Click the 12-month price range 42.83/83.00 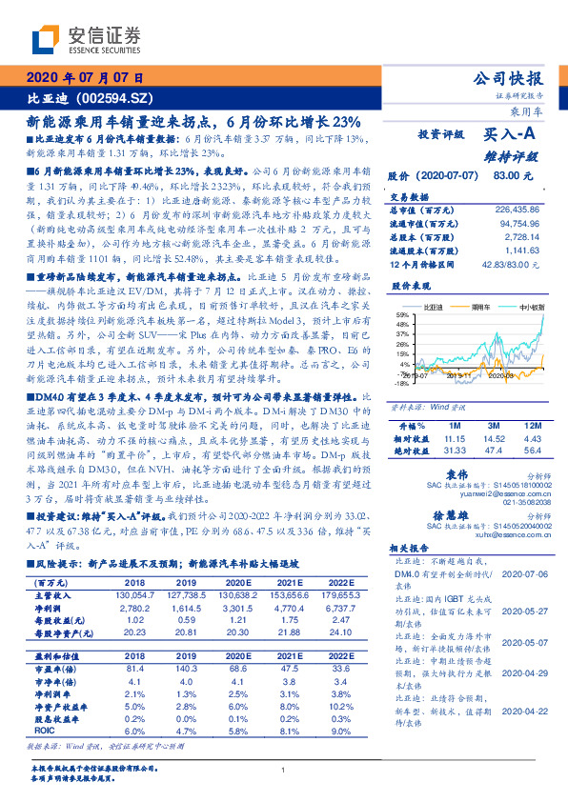tap(512, 263)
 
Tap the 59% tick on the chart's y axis tap(403, 313)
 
